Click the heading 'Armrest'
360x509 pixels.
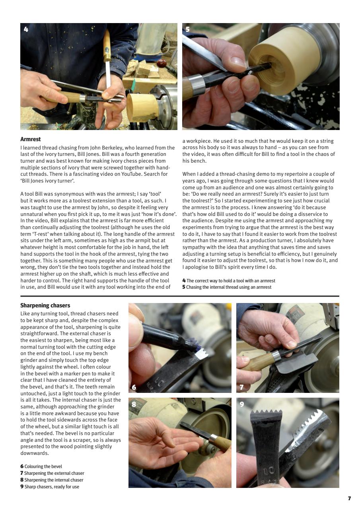[x=31, y=140]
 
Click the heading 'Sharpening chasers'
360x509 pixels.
[x=45, y=305]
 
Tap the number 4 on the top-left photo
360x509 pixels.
[x=26, y=29]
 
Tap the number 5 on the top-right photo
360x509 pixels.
[x=188, y=29]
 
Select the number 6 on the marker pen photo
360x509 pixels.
[x=134, y=387]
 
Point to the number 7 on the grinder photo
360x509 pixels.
[x=241, y=387]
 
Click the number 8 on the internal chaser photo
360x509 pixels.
[x=134, y=404]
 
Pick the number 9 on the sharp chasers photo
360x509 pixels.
[x=242, y=404]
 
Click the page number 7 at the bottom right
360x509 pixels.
[x=349, y=498]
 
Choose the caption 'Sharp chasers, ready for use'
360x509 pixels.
[x=51, y=487]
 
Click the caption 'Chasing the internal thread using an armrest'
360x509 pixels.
[x=228, y=287]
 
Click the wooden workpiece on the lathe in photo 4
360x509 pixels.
[x=142, y=108]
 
